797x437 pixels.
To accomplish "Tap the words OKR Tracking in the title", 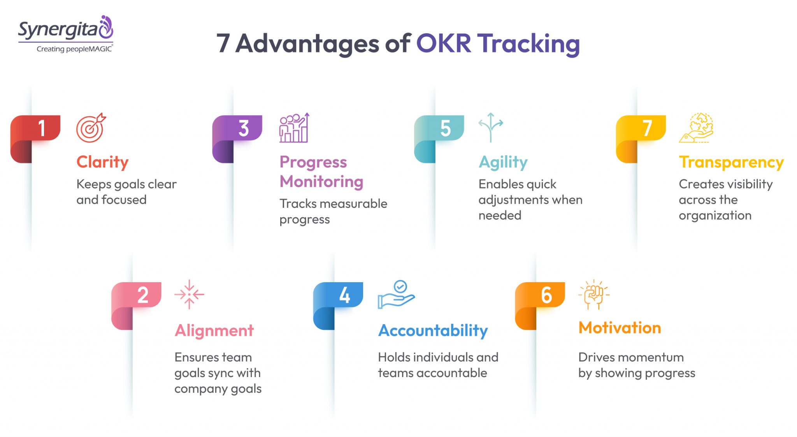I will (x=498, y=43).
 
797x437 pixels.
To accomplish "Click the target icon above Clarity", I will (x=91, y=128).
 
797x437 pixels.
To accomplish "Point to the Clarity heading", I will (x=102, y=162).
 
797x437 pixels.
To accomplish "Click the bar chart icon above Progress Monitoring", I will (x=294, y=128).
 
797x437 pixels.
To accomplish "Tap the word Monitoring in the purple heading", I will (x=321, y=181).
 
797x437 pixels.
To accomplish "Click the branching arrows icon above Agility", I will (x=490, y=127).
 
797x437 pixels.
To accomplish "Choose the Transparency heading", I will (x=731, y=162).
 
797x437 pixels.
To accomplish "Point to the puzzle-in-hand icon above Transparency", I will (x=697, y=128).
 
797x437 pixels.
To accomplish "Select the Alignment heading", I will (x=214, y=330).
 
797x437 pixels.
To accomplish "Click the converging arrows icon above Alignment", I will (x=189, y=294).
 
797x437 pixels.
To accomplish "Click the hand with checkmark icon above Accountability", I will (x=396, y=294).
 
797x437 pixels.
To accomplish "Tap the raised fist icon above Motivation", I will (x=594, y=295).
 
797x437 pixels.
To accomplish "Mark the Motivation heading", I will (x=620, y=328).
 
